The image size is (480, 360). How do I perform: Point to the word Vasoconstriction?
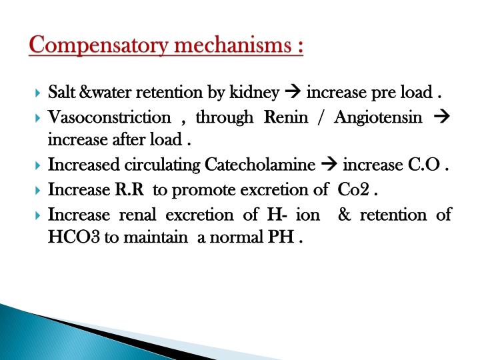[109, 117]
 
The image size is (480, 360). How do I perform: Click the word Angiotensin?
[378, 117]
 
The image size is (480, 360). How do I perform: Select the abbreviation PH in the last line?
[283, 237]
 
